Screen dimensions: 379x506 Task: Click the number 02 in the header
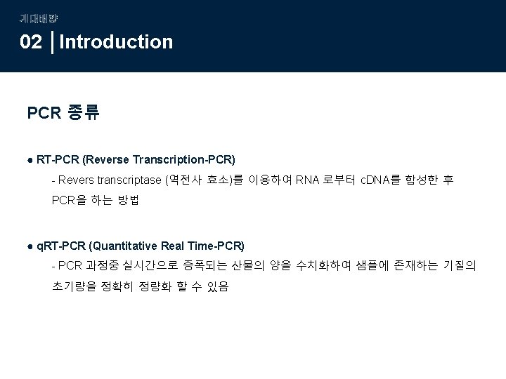pos(31,42)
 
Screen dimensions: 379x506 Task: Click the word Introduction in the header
pos(117,42)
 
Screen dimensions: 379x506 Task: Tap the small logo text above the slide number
pos(34,18)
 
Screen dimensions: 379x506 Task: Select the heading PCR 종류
pos(63,112)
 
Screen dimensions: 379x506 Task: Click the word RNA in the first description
pos(308,180)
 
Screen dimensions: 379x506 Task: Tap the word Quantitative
pos(124,246)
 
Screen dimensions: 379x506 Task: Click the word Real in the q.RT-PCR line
pos(173,246)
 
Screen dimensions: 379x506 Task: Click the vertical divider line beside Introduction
pos(54,42)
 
